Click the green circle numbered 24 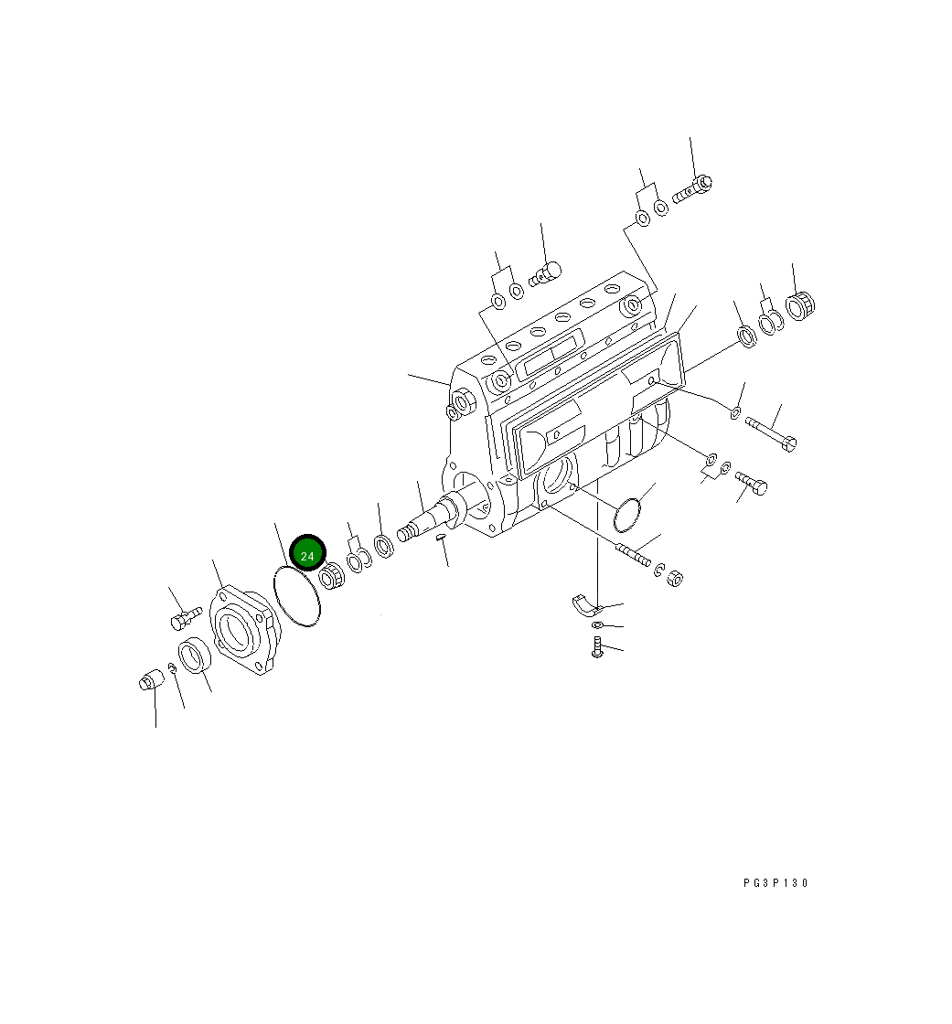[x=307, y=555]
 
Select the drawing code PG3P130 [x=776, y=883]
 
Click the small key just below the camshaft [x=440, y=538]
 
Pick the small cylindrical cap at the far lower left [x=149, y=681]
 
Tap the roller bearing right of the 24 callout [x=332, y=578]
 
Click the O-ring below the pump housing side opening [x=628, y=516]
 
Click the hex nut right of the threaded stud [x=675, y=578]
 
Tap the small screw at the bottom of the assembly [x=596, y=648]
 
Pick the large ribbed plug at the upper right [x=801, y=304]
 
